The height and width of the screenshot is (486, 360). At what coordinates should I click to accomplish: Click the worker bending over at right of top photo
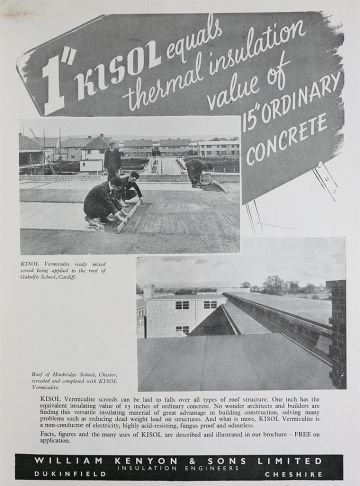[196, 171]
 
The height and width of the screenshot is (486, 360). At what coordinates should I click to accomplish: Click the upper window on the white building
[182, 304]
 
